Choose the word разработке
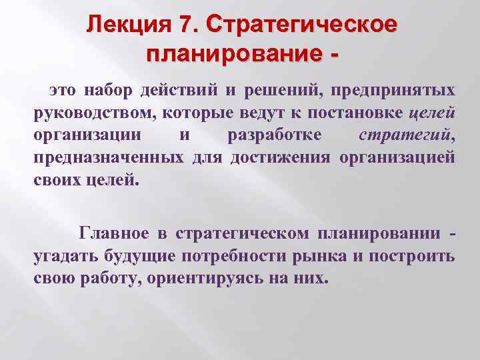click(x=274, y=135)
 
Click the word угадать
click(x=64, y=256)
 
